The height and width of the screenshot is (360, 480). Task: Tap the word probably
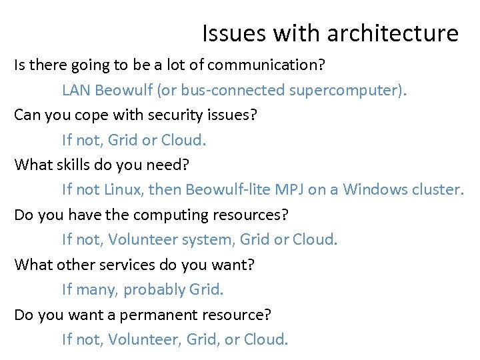154,289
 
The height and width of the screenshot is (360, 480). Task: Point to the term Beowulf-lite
226,189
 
